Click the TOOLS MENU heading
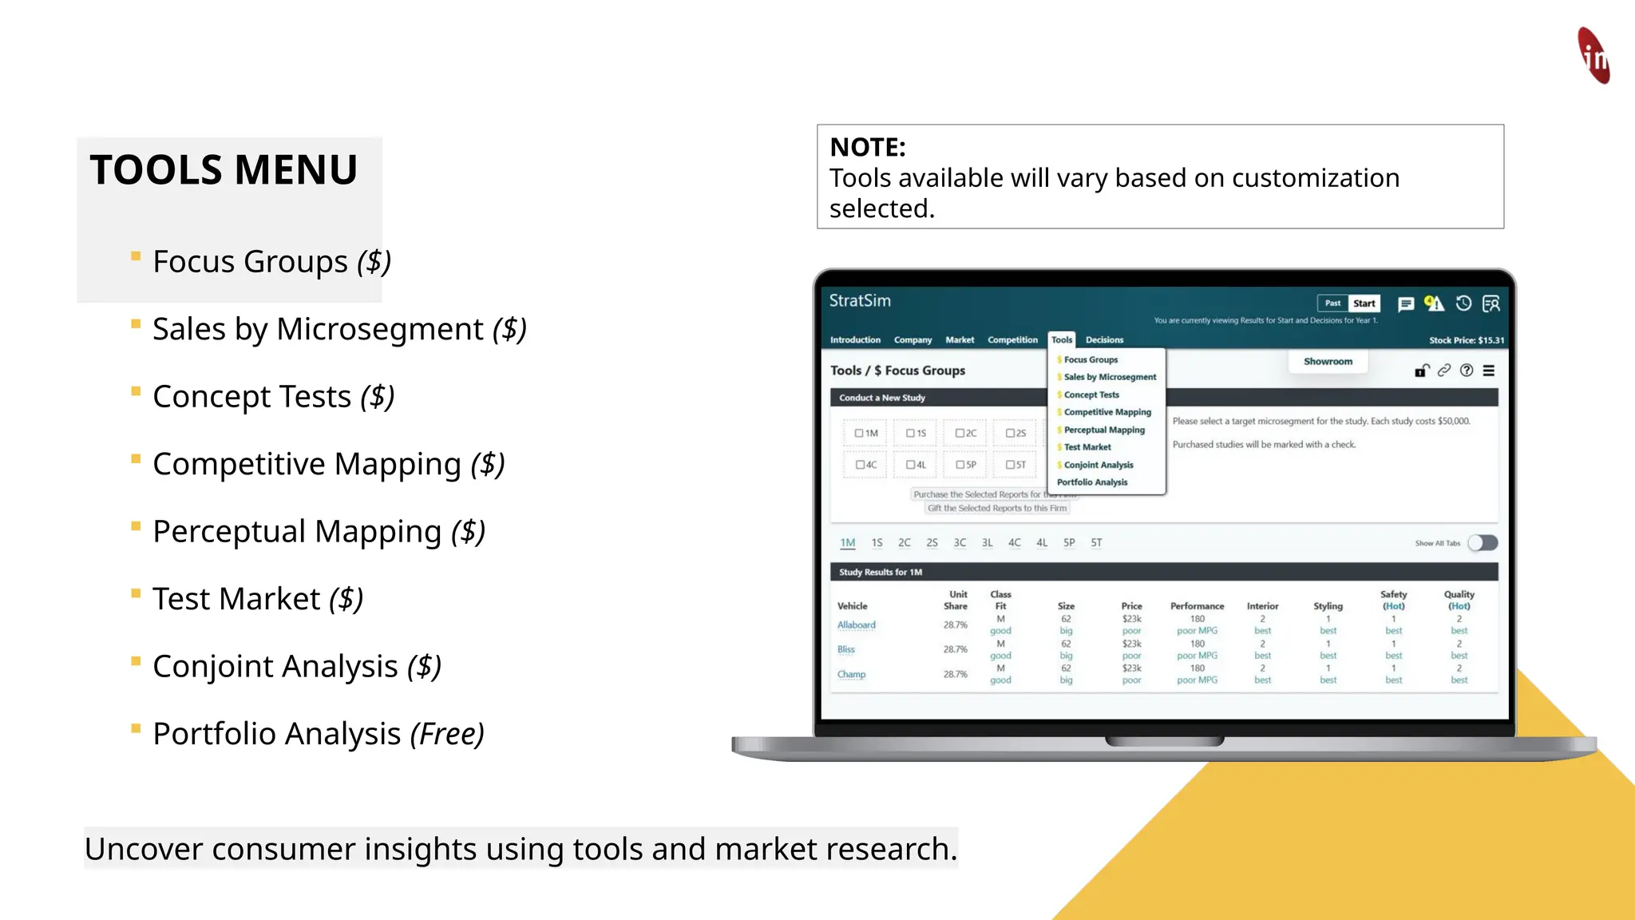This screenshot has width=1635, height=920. pos(224,170)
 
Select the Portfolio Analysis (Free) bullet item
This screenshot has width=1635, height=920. pos(318,734)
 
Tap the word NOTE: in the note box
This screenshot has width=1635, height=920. pos(868,147)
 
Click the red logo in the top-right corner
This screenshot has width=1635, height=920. pos(1593,56)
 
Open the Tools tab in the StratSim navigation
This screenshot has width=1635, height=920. pos(1062,340)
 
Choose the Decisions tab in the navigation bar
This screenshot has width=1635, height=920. pos(1104,340)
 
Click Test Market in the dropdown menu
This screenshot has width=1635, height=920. pos(1087,447)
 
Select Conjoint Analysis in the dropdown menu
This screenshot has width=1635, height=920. pos(1099,465)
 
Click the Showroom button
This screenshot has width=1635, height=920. pos(1328,362)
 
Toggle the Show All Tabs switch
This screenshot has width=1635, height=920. pos(1483,543)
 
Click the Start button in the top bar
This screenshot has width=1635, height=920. pos(1364,303)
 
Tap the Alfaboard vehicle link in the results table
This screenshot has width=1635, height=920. pos(856,625)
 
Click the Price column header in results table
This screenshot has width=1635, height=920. pos(1131,606)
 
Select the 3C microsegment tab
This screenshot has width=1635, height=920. pos(960,543)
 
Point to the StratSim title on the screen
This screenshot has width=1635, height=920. pos(860,301)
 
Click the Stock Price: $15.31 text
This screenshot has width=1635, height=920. pos(1467,340)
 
